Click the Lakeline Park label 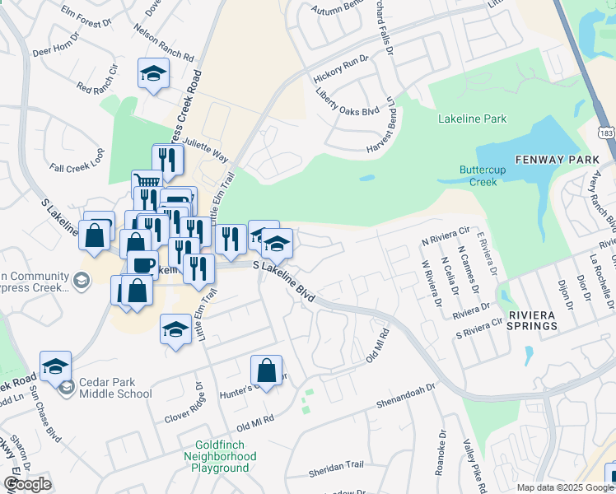tap(472, 119)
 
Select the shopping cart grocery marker tap(147, 182)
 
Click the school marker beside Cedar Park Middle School tap(55, 365)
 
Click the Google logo tap(28, 484)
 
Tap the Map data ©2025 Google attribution tap(565, 487)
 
